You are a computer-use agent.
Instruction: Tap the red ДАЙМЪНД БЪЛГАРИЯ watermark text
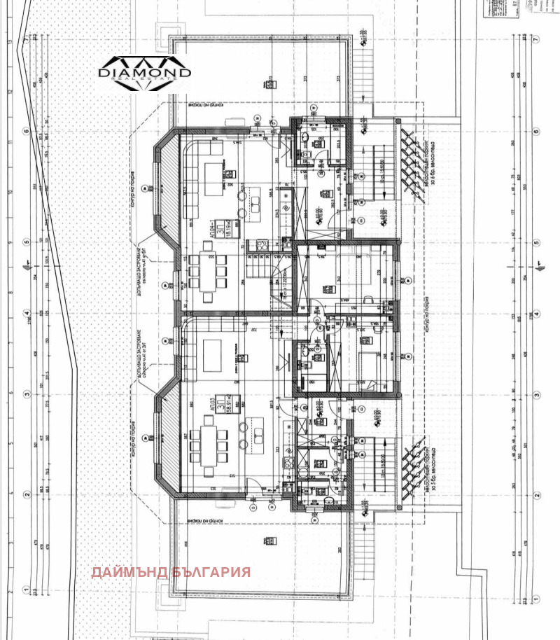pos(170,572)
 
